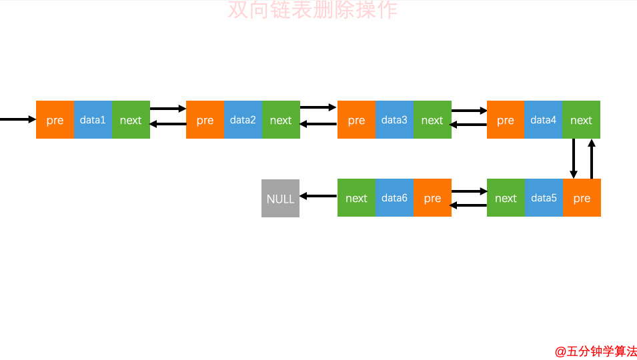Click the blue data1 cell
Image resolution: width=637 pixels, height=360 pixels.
click(93, 120)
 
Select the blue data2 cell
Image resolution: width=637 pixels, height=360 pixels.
click(243, 120)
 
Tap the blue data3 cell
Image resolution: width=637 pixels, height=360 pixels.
click(394, 120)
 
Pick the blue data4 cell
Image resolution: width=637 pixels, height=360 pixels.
click(544, 120)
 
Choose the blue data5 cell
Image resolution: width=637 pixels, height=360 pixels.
click(544, 198)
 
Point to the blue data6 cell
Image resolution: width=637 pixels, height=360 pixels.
click(394, 198)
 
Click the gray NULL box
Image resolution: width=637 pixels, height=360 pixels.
click(280, 198)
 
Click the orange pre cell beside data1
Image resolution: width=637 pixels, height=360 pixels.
click(55, 120)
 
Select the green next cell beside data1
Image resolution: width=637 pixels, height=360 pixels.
click(131, 120)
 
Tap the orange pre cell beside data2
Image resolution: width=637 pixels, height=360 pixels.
click(205, 120)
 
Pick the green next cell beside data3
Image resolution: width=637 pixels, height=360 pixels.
click(432, 120)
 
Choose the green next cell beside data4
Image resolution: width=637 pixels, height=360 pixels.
click(581, 120)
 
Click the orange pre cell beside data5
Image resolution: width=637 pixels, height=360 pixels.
click(582, 198)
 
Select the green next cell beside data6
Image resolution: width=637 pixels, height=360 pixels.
click(356, 198)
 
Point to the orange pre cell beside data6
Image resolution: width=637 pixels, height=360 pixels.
click(432, 198)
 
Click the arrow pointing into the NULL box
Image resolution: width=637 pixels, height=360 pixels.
click(319, 196)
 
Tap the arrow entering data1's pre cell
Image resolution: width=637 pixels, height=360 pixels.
click(18, 120)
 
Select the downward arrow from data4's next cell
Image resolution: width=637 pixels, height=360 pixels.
click(574, 159)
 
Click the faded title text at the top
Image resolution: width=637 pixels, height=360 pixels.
click(312, 10)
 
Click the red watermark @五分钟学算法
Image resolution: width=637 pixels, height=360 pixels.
click(596, 351)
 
